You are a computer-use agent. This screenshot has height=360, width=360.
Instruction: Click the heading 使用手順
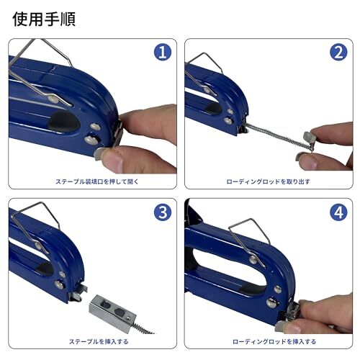[x=44, y=19]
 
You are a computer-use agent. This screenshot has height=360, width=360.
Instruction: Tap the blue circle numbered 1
[x=163, y=53]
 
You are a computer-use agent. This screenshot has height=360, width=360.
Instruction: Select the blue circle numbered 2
[x=338, y=53]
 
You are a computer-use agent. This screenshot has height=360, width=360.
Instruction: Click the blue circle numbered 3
[x=163, y=212]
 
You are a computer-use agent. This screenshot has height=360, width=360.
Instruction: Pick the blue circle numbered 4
[x=338, y=212]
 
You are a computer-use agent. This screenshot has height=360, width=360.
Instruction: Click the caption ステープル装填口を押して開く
[x=97, y=181]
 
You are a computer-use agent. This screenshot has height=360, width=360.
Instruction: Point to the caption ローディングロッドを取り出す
[x=269, y=181]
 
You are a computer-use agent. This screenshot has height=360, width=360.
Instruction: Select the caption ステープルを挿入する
[x=99, y=341]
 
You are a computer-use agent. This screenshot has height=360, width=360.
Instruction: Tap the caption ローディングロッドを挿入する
[x=274, y=341]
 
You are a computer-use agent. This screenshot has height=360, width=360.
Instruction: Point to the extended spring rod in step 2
[x=278, y=135]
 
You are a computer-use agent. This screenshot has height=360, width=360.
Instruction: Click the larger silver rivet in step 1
[x=91, y=140]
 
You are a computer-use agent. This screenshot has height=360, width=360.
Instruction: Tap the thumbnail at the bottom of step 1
[x=99, y=154]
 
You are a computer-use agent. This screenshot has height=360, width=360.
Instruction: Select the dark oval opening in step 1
[x=63, y=122]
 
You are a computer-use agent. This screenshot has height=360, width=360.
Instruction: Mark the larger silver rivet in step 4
[x=272, y=302]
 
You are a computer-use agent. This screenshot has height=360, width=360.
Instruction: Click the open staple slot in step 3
[x=77, y=291]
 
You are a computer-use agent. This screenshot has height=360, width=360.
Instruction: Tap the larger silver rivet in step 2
[x=228, y=120]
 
